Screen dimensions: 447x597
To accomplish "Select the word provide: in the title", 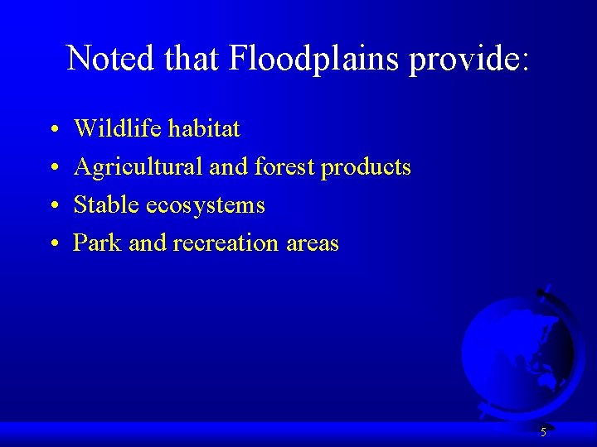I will click(468, 58).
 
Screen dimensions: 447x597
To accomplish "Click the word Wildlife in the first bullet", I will click(118, 128).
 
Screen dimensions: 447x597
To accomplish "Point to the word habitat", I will click(203, 128).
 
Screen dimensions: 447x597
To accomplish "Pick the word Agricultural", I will click(138, 166).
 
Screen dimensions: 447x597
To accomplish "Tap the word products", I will click(366, 168).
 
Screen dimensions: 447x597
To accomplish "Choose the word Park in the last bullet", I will click(97, 243).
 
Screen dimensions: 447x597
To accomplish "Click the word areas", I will click(312, 243).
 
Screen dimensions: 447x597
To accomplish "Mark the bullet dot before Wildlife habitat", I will click(53, 130).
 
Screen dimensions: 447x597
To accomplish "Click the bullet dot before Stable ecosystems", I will click(53, 206).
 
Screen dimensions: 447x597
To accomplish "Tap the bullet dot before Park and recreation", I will click(53, 244).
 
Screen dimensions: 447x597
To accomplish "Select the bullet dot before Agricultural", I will click(53, 168).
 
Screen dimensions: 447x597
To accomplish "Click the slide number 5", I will click(543, 432).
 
